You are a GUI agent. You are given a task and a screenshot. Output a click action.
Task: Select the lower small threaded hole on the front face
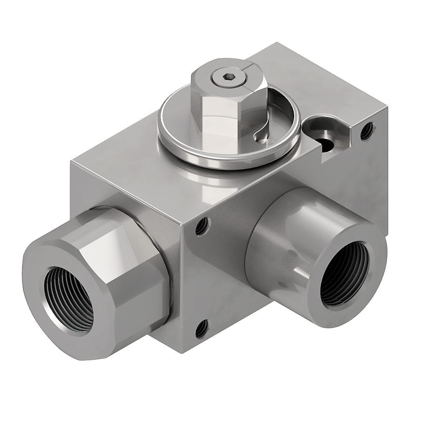tap(202, 329)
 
